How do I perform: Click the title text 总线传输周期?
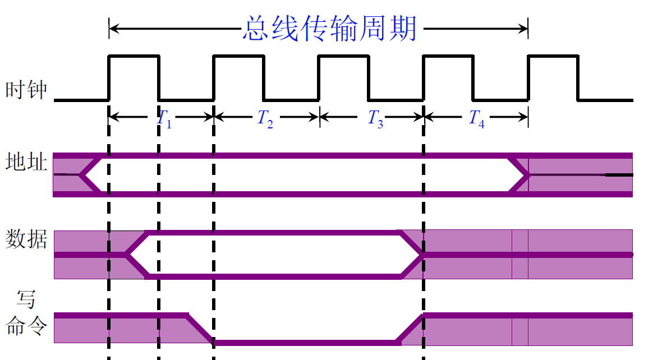[x=330, y=28]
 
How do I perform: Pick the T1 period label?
[x=164, y=118]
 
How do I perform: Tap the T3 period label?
[x=375, y=118]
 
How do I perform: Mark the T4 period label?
[x=476, y=118]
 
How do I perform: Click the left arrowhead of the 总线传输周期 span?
[x=112, y=28]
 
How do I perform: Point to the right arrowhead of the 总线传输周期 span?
[x=525, y=28]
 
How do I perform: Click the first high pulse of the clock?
[x=134, y=56]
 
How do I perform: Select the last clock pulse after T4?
[x=553, y=56]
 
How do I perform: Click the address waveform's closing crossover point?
[x=528, y=175]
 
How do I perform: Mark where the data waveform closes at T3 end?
[x=421, y=255]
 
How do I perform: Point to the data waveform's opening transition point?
[x=127, y=255]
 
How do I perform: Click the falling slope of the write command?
[x=199, y=329]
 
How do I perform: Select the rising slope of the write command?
[x=410, y=329]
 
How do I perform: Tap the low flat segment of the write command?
[x=306, y=342]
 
